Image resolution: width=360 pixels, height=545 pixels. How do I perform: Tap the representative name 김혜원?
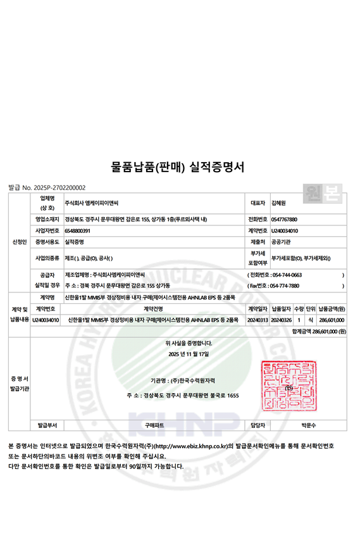(278, 203)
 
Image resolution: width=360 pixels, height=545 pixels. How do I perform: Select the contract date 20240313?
(258, 320)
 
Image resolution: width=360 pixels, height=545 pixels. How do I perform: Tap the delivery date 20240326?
(282, 320)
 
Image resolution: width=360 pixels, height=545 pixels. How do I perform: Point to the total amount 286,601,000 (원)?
(326, 330)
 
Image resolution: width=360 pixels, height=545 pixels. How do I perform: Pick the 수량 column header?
(299, 308)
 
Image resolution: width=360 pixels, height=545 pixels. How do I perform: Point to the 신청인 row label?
(19, 242)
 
